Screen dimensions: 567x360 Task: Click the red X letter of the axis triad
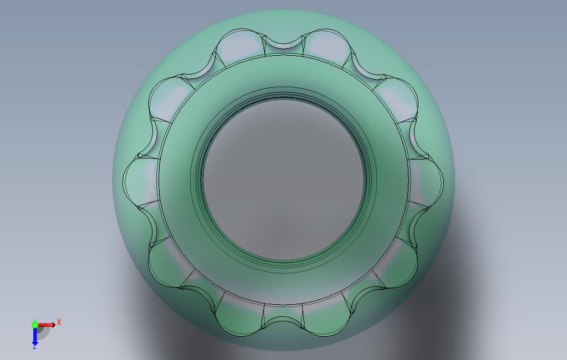click(59, 322)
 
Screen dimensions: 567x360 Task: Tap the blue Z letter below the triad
click(35, 347)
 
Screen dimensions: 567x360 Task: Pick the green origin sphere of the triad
click(35, 325)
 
